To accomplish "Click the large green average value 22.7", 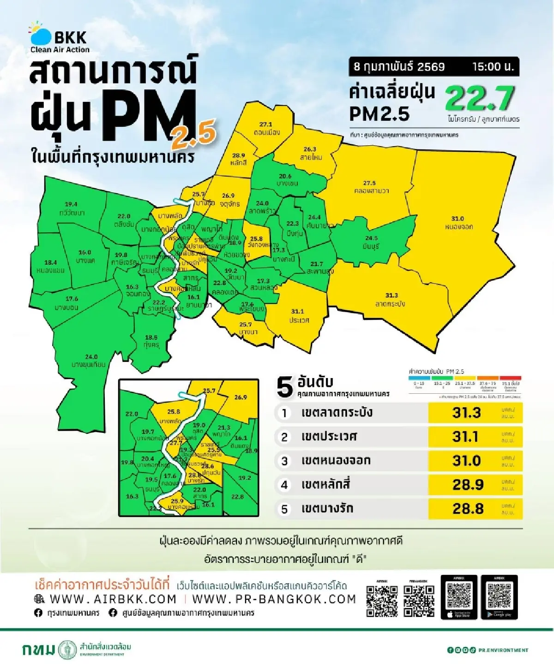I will click(x=480, y=99).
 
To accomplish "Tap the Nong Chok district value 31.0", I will click(x=458, y=219).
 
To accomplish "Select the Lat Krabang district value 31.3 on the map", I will click(x=391, y=296).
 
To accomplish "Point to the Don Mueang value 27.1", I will click(x=265, y=124).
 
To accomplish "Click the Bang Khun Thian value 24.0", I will click(x=91, y=356).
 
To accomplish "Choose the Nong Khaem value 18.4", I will click(x=50, y=262).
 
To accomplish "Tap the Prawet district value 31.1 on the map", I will click(x=297, y=312).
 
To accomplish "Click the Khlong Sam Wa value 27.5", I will click(x=369, y=183).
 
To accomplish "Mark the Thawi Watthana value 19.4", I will click(x=71, y=204).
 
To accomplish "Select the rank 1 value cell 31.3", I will click(x=466, y=413).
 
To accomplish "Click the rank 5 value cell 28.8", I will click(x=468, y=509).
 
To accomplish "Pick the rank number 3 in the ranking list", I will click(x=284, y=461).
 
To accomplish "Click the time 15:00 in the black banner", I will click(x=493, y=66).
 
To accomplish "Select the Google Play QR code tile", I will click(x=499, y=597).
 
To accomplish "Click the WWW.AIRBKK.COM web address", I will click(x=113, y=599).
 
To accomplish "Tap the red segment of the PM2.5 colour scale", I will click(x=510, y=378).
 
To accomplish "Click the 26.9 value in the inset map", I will click(x=241, y=397).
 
